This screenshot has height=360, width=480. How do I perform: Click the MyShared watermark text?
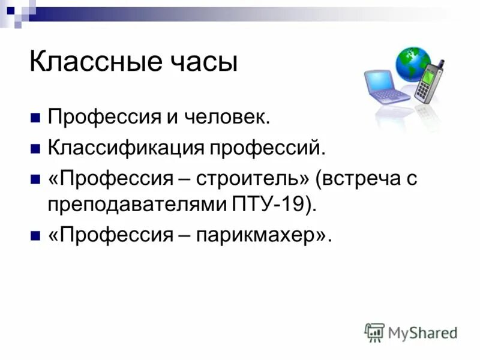click(422, 332)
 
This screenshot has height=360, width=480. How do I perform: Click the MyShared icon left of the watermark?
click(374, 332)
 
